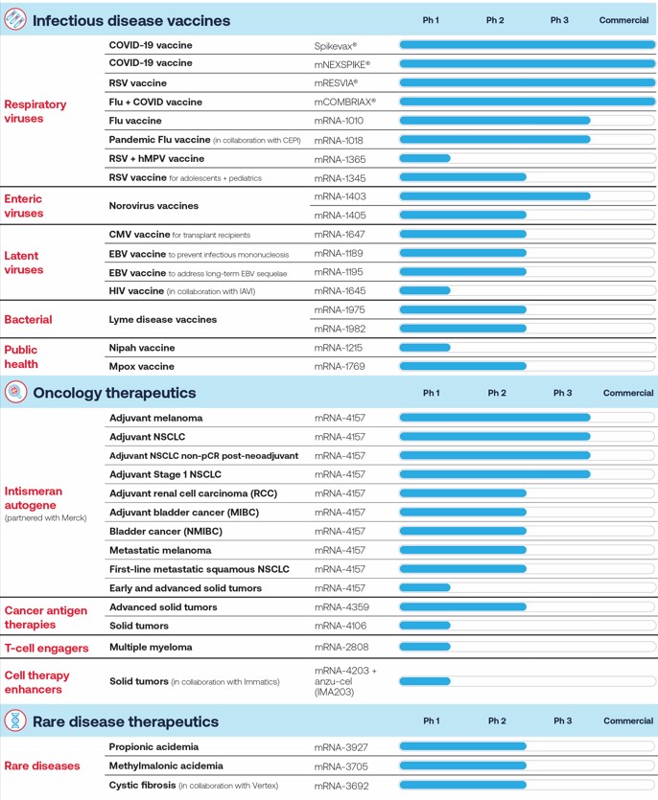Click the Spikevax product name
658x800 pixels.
(x=335, y=46)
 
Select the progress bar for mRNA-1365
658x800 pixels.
(x=425, y=159)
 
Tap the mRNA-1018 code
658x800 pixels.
(x=339, y=140)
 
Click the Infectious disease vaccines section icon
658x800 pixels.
(x=14, y=19)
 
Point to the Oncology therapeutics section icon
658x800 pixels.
(x=15, y=392)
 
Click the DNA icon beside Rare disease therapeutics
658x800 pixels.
(x=15, y=720)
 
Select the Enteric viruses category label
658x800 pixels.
(x=23, y=206)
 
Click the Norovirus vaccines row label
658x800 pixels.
(x=153, y=206)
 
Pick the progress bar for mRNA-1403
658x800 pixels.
(x=495, y=196)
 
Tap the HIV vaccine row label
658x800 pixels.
(x=136, y=291)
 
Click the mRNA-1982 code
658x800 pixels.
(x=340, y=329)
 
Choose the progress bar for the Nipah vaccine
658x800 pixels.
(x=425, y=348)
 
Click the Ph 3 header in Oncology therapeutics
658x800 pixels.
(x=562, y=393)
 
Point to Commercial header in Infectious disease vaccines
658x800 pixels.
(x=623, y=20)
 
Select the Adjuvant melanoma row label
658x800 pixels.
(x=155, y=418)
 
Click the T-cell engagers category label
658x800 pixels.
(x=46, y=648)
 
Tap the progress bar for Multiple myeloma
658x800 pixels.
(x=425, y=647)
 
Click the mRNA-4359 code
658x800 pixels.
(x=341, y=607)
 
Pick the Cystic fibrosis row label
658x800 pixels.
(x=143, y=786)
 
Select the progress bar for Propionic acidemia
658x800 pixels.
(x=463, y=746)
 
